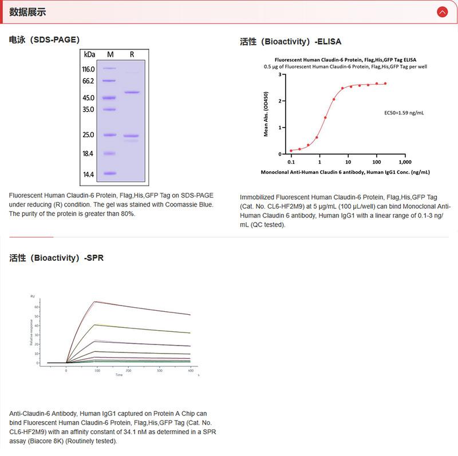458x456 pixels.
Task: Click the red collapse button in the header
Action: click(x=442, y=11)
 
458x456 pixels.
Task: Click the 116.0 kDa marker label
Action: click(x=88, y=69)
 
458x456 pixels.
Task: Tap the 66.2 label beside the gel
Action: click(x=88, y=81)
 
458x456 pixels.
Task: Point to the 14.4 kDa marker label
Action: click(x=88, y=174)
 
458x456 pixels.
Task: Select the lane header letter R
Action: click(x=132, y=54)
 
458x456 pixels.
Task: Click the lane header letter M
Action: click(x=110, y=54)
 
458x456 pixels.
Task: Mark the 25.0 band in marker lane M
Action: click(x=109, y=135)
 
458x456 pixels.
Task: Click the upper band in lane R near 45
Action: click(x=132, y=92)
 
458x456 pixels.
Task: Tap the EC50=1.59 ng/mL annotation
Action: click(x=404, y=113)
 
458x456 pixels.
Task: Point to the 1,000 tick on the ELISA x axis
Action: click(x=405, y=161)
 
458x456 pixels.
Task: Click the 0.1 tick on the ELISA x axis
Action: click(x=291, y=161)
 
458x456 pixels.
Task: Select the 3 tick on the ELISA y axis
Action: click(x=280, y=74)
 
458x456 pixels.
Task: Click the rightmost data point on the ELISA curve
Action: click(x=385, y=84)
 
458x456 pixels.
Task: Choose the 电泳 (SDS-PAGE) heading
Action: click(x=44, y=39)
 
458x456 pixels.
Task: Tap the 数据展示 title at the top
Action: click(x=27, y=12)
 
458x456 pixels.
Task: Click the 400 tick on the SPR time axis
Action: click(x=190, y=371)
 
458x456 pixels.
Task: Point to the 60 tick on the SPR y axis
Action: click(x=36, y=307)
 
